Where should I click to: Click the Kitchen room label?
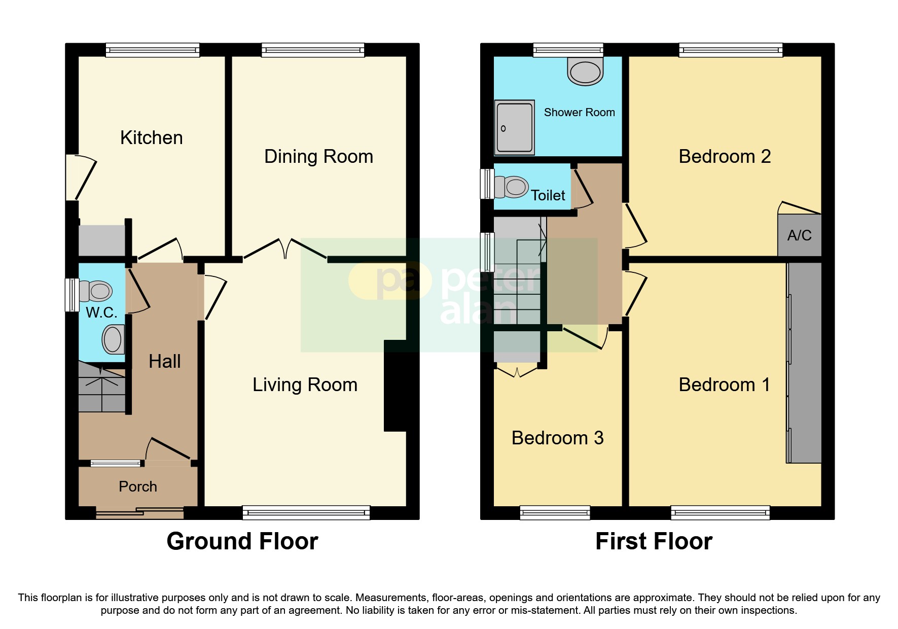pos(151,138)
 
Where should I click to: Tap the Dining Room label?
pos(318,157)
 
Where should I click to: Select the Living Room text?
pos(305,385)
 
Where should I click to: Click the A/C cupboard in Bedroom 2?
pos(799,235)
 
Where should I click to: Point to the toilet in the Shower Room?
pos(585,71)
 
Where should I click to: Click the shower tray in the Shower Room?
pos(514,127)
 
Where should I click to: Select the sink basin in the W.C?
pos(113,339)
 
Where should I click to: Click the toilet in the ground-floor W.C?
pos(96,291)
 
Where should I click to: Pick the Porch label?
pos(138,487)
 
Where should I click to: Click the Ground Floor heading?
pos(242,541)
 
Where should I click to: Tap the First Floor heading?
pos(654,541)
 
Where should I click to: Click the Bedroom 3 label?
pos(557,438)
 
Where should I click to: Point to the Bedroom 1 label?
pos(724,385)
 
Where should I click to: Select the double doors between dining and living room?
pos(285,250)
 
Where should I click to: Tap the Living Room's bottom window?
pos(306,513)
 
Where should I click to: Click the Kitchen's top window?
pos(153,50)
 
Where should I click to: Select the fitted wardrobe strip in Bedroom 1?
pos(804,363)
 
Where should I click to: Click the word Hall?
pos(164,362)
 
